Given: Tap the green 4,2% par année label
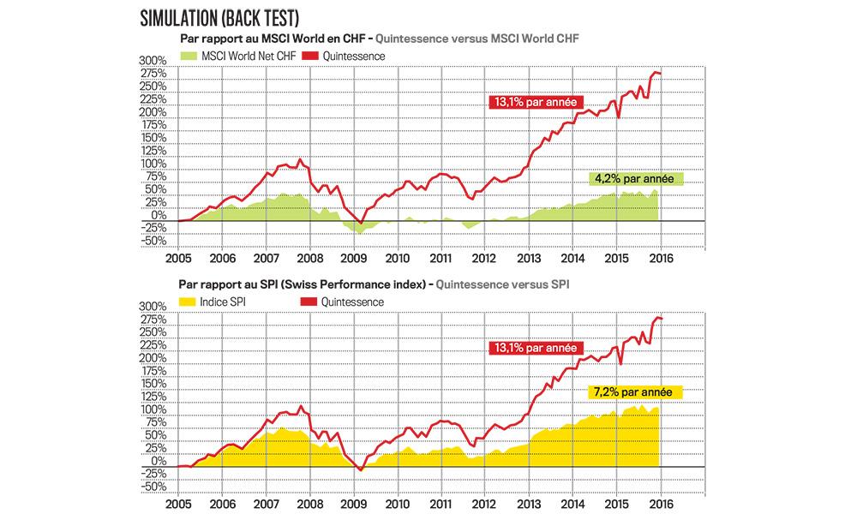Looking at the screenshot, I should pyautogui.click(x=635, y=179).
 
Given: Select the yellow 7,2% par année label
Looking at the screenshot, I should pyautogui.click(x=635, y=391).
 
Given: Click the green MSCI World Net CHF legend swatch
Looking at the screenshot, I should pyautogui.click(x=189, y=56).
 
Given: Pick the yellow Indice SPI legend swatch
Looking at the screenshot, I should pyautogui.click(x=189, y=302).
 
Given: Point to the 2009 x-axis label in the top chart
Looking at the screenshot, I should pyautogui.click(x=353, y=258).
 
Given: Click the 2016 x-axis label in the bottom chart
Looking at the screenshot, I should pyautogui.click(x=660, y=504).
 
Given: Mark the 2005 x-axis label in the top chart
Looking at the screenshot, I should pyautogui.click(x=178, y=258).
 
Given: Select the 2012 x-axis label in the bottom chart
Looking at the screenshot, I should pyautogui.click(x=484, y=504).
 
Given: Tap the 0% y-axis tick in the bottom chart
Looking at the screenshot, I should pyautogui.click(x=157, y=461).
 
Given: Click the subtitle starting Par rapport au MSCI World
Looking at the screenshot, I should pyautogui.click(x=273, y=39).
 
